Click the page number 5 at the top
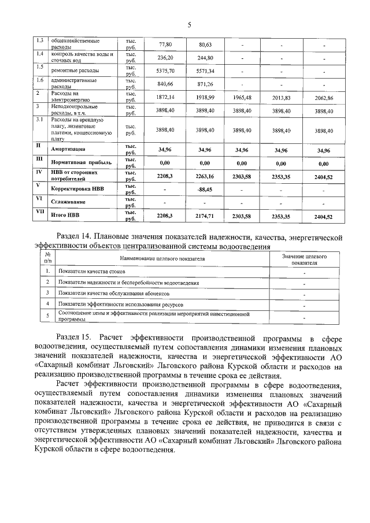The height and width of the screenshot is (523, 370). tap(188, 24)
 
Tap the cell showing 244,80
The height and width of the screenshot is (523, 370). tap(206, 58)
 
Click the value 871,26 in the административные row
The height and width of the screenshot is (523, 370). tap(206, 84)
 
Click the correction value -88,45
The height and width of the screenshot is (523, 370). tap(206, 189)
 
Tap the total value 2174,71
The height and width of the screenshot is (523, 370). tap(206, 216)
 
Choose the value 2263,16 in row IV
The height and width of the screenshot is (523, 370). tap(206, 176)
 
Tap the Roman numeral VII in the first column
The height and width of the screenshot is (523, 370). tap(39, 212)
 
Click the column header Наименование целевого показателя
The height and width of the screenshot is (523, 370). tap(163, 258)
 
